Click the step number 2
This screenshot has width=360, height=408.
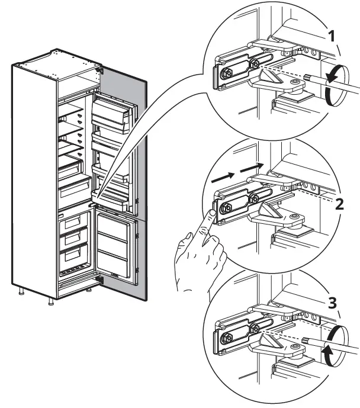(339, 204)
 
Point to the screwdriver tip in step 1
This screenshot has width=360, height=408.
(306, 77)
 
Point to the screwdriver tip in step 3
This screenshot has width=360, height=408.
(306, 339)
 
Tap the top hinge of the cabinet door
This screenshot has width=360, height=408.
(99, 71)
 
